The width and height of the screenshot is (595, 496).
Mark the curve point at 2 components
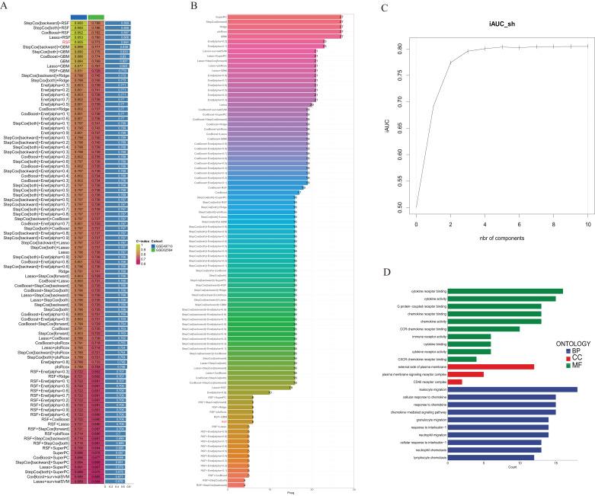450,62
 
